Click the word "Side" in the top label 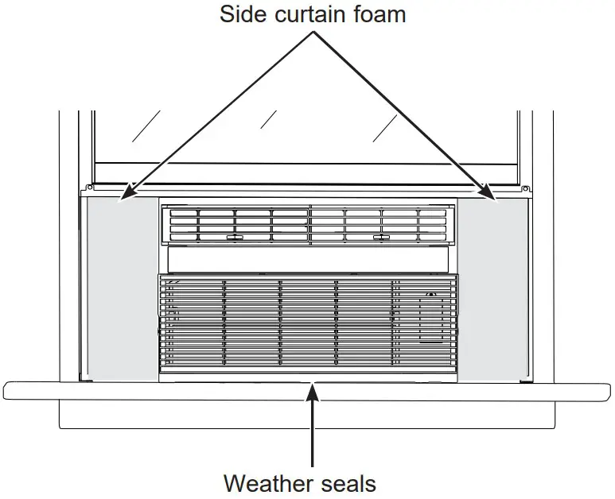click(243, 14)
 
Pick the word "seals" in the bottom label click(346, 482)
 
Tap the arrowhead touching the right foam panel click(489, 193)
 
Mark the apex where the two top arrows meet click(312, 33)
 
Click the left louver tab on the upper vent click(234, 238)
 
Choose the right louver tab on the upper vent click(382, 238)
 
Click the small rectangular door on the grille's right click(431, 318)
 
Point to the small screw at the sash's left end click(89, 188)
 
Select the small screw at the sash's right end click(527, 188)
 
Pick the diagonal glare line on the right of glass click(386, 129)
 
